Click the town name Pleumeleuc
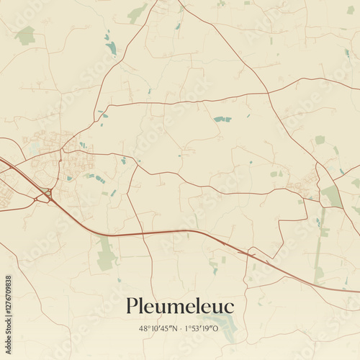pos(180,306)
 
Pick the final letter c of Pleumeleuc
pos(229,307)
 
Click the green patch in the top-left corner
pos(25,35)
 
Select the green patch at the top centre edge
pos(136,12)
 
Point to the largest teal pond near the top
pos(111,48)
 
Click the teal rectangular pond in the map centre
pos(222,119)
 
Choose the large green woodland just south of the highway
pos(107,254)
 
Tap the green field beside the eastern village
pos(331,195)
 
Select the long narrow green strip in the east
pos(320,245)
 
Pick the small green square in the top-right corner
pos(351,10)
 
